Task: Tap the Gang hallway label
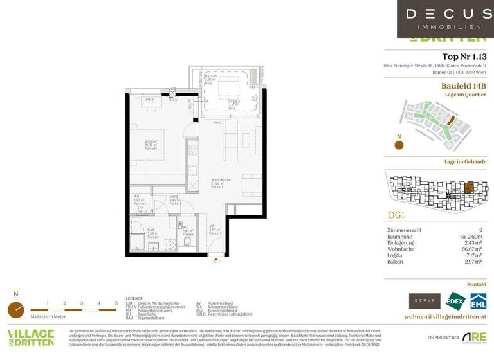pos(174,198)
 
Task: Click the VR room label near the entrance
pos(212,227)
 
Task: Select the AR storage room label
pos(138,199)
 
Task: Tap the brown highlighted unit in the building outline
pos(470,186)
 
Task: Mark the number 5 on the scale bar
pos(116,303)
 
